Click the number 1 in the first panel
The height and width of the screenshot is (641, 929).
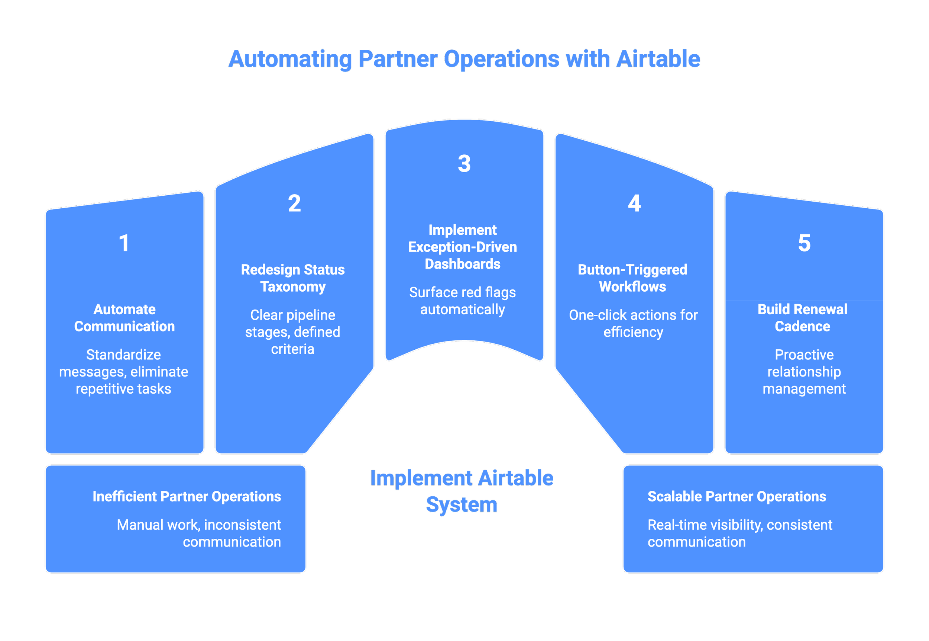[124, 243]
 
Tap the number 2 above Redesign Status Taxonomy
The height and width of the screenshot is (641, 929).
[294, 203]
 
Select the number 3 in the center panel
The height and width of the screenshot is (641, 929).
[464, 163]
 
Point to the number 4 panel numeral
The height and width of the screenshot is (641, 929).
[634, 203]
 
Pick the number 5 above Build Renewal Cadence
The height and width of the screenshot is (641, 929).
[804, 243]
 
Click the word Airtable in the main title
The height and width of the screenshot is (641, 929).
[658, 59]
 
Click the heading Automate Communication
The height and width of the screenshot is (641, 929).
[124, 318]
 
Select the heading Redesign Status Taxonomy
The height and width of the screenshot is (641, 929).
[293, 278]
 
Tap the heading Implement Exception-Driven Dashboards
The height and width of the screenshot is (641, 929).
[463, 247]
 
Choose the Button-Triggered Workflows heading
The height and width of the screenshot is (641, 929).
[632, 278]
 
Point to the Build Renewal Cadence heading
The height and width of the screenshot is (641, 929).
[802, 318]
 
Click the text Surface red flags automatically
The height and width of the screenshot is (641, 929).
[463, 301]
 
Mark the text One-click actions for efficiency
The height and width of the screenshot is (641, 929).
[633, 323]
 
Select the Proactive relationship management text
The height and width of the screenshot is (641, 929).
[804, 372]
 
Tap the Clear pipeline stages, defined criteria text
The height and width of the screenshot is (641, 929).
[293, 332]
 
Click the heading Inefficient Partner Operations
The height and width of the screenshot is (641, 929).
[187, 496]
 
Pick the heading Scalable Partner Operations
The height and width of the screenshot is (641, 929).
[737, 496]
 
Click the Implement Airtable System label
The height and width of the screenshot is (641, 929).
[462, 491]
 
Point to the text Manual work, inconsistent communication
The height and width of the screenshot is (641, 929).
[199, 533]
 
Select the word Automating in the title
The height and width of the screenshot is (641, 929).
[290, 59]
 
